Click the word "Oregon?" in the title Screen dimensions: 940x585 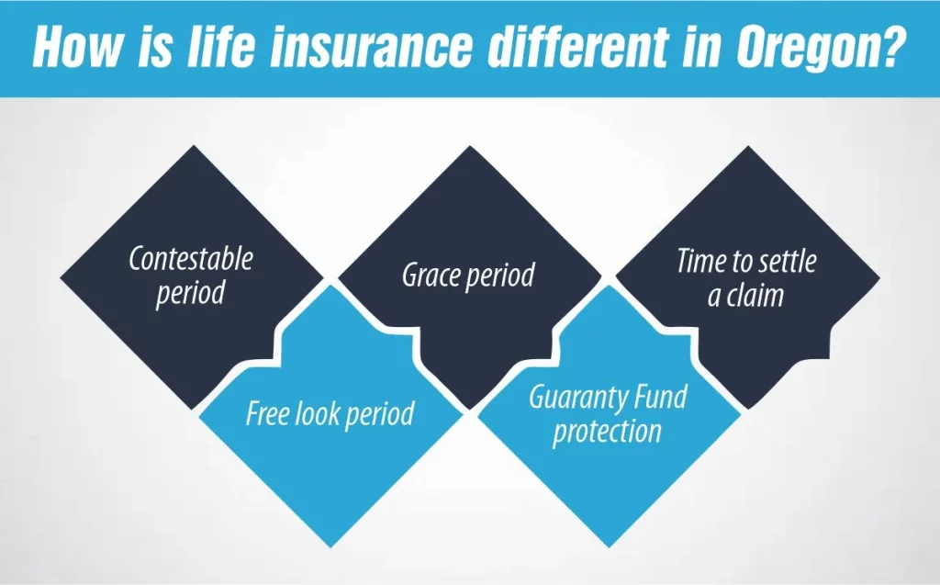818,48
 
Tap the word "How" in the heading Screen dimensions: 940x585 76,46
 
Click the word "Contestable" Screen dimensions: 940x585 191,259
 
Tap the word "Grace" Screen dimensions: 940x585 431,275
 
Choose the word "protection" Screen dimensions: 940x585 607,432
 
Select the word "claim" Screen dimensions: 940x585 755,295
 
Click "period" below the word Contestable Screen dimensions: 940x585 190,294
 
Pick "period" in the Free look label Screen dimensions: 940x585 380,414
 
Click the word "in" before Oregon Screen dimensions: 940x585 700,46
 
